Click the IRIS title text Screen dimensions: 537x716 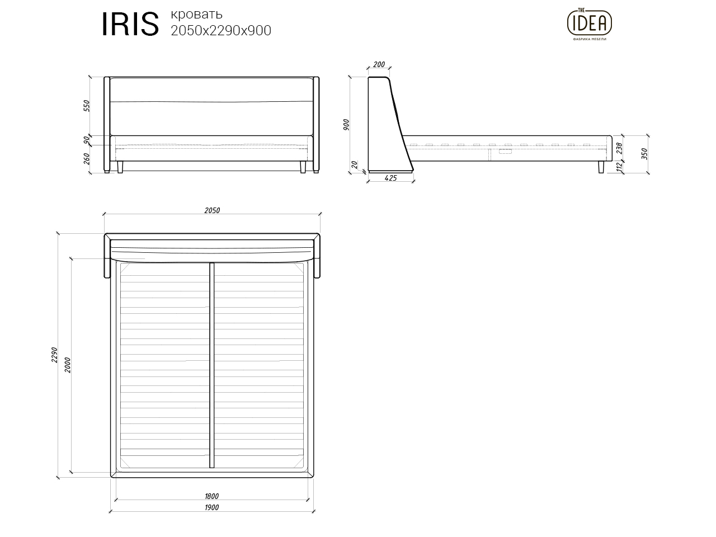[x=130, y=24]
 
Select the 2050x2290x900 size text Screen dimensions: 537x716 [x=221, y=31]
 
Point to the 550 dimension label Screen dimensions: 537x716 [x=86, y=106]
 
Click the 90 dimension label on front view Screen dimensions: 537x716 [x=86, y=140]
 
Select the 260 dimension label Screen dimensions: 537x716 [x=86, y=159]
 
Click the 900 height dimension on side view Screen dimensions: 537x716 [x=346, y=125]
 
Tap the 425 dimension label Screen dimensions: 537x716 [x=391, y=178]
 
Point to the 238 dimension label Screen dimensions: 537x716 [x=619, y=148]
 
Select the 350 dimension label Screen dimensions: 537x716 [x=644, y=154]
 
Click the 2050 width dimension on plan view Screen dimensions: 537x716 [x=212, y=211]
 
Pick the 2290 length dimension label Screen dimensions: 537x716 [x=54, y=355]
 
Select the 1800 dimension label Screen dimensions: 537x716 [x=211, y=496]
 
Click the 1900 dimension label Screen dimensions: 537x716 [x=211, y=507]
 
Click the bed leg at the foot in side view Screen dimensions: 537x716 [x=601, y=167]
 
